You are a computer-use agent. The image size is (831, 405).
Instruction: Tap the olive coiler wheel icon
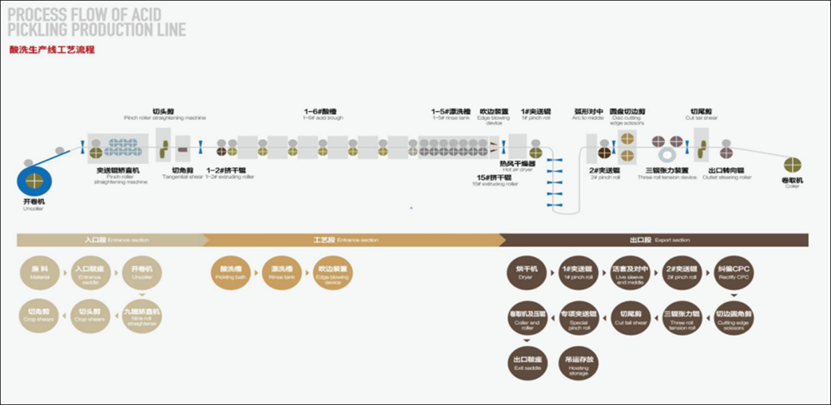[793, 165]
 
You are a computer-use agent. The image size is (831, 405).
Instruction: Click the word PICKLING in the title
[43, 29]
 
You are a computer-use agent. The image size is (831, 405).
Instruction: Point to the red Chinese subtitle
[52, 50]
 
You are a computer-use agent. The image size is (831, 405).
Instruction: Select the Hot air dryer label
[517, 167]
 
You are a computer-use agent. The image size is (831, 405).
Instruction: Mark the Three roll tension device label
[667, 174]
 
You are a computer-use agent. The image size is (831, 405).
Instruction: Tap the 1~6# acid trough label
[323, 115]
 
